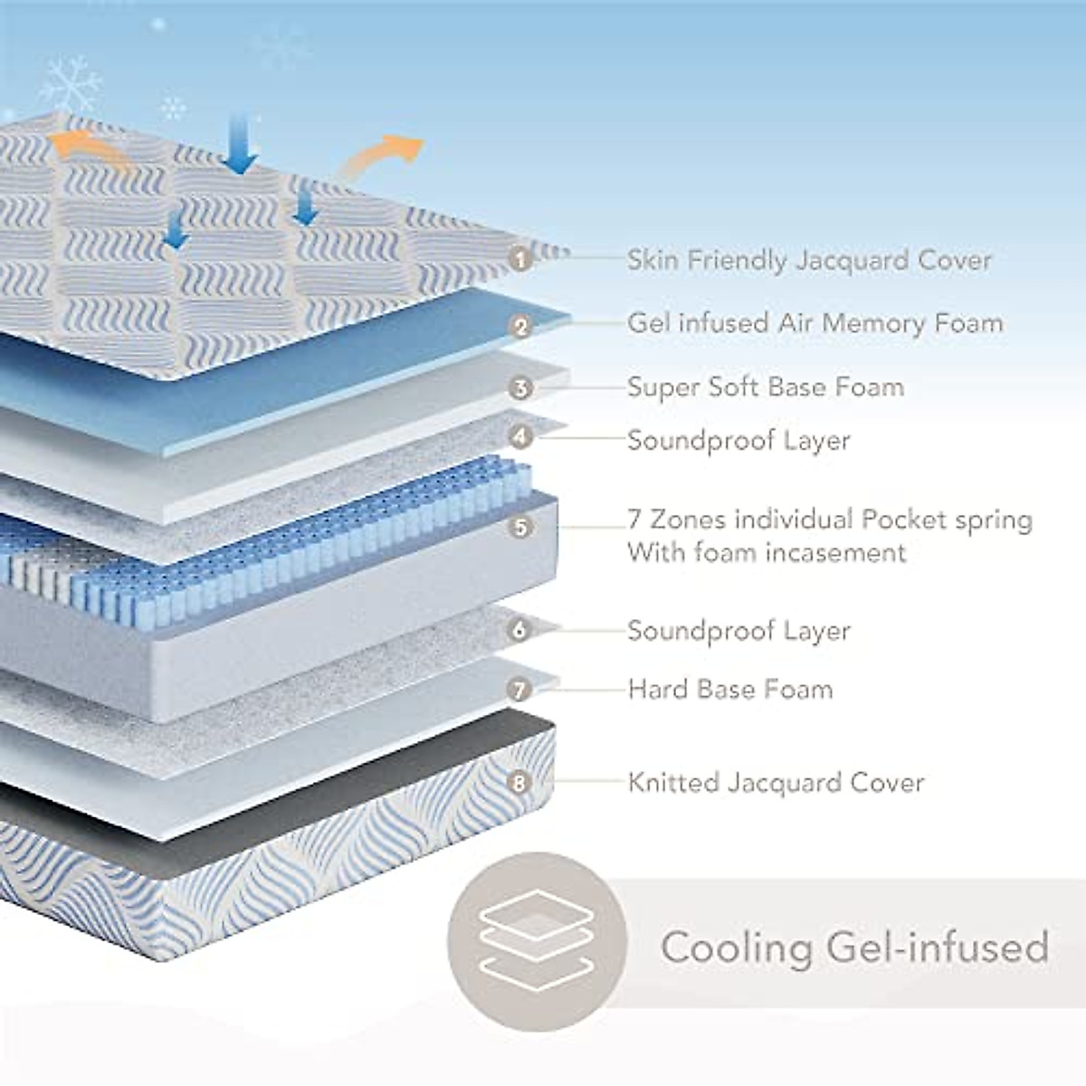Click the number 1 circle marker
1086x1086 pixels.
click(519, 261)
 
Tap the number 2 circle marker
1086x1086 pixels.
click(519, 326)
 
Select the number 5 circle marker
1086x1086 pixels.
click(520, 527)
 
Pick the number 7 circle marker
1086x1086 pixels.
click(519, 691)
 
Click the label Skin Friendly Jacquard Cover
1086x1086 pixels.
click(809, 261)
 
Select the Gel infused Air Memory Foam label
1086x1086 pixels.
click(814, 323)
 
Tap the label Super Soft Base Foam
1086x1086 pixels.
click(766, 387)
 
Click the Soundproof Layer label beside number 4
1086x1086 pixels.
click(738, 441)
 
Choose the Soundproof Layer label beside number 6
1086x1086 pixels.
click(738, 631)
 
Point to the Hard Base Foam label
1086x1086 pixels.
click(729, 690)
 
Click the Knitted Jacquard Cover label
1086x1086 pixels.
click(776, 782)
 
